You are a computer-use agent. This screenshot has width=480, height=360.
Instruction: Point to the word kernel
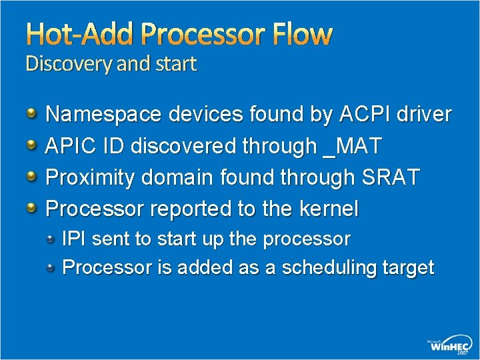[x=329, y=209]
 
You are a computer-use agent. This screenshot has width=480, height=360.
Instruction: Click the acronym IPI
[x=73, y=238]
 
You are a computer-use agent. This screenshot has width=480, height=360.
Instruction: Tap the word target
[x=408, y=267]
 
